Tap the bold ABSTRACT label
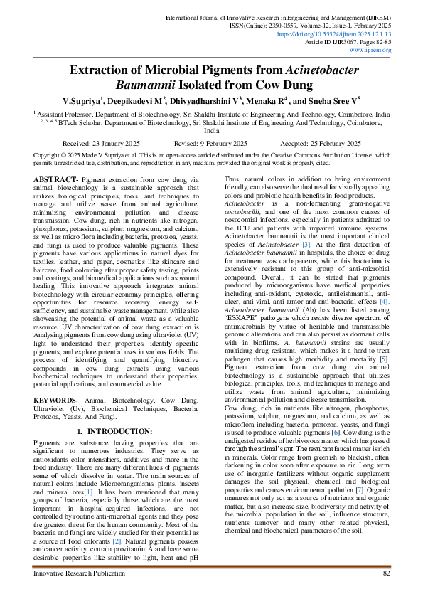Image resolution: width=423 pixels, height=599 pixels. (x=58, y=179)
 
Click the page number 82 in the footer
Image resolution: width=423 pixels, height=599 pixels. (x=387, y=573)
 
